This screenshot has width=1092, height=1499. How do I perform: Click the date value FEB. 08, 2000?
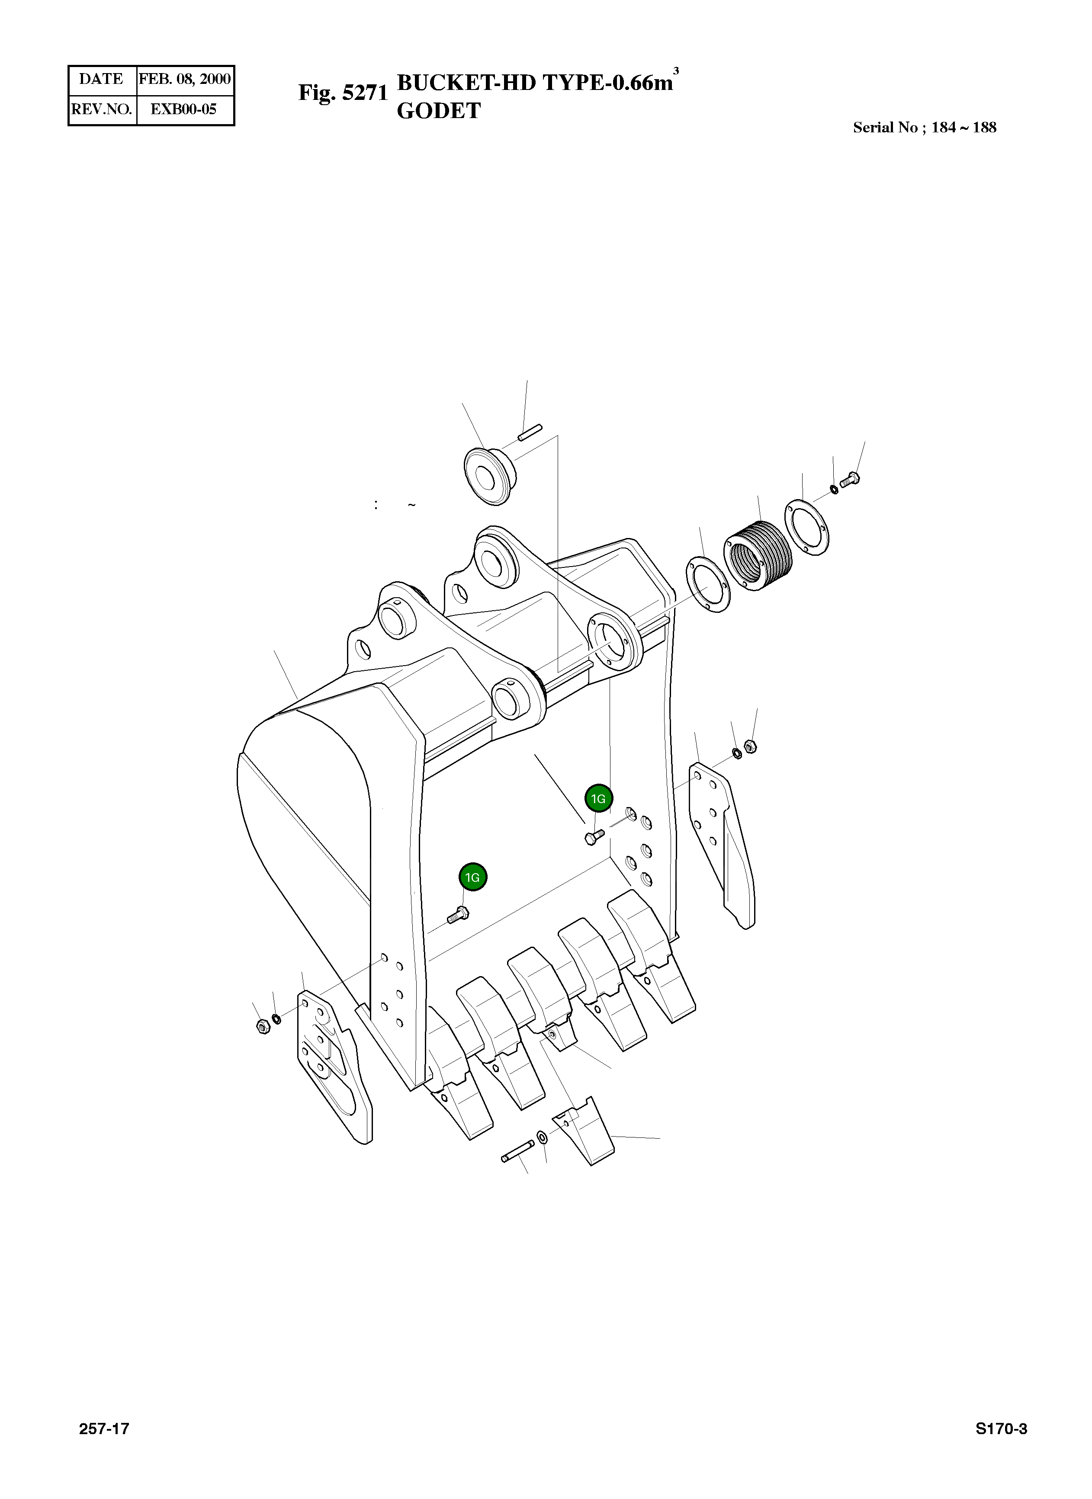click(x=184, y=79)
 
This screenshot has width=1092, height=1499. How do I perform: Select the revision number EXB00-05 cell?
click(x=184, y=109)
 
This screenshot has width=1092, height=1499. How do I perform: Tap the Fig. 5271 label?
click(x=342, y=93)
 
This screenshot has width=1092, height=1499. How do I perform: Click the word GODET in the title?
click(x=438, y=111)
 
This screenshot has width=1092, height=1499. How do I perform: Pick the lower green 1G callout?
click(x=472, y=878)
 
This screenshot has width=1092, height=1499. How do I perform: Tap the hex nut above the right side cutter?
click(x=750, y=746)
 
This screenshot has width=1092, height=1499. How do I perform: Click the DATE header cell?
click(x=101, y=79)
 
